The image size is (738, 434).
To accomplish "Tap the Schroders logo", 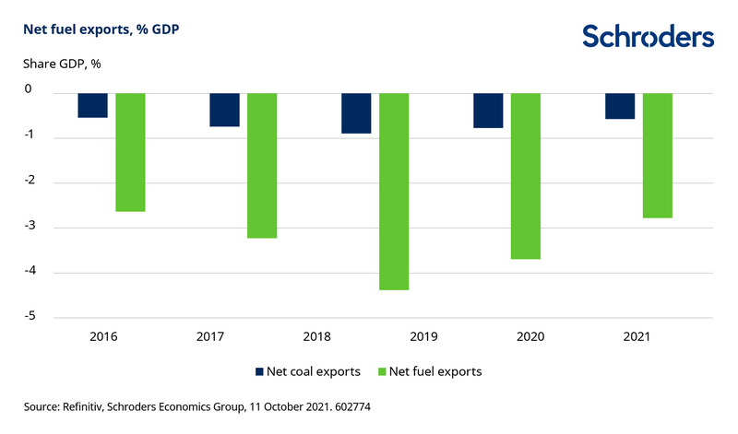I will tap(648, 36).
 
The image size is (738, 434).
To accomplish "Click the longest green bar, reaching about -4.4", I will tap(394, 191).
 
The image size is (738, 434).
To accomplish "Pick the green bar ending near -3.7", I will tap(526, 175).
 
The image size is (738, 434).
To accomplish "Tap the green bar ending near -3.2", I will tap(262, 165).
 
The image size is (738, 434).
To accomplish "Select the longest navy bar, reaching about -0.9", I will tap(357, 112).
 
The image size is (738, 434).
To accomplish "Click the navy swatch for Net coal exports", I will tap(260, 372).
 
